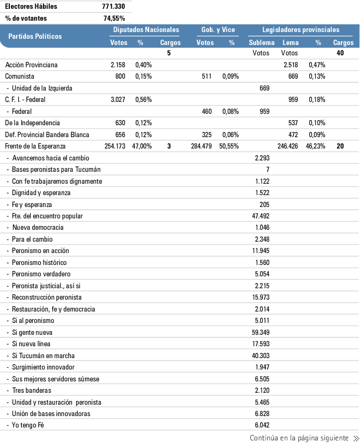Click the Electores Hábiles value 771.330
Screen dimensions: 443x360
tap(113, 7)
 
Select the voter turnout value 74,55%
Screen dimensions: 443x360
tap(114, 18)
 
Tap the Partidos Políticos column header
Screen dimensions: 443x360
tap(35, 36)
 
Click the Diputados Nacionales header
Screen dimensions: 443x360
tap(146, 30)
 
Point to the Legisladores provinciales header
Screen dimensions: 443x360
tap(300, 30)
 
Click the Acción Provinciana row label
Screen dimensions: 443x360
tap(31, 65)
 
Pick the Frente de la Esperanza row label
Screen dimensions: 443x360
tap(35, 146)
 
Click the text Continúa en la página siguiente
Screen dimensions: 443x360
tap(299, 438)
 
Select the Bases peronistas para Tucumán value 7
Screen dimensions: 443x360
tap(267, 170)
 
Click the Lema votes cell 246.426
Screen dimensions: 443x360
tap(290, 146)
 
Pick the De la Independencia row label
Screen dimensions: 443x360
tap(33, 123)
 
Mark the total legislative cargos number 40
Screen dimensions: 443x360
tap(340, 53)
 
